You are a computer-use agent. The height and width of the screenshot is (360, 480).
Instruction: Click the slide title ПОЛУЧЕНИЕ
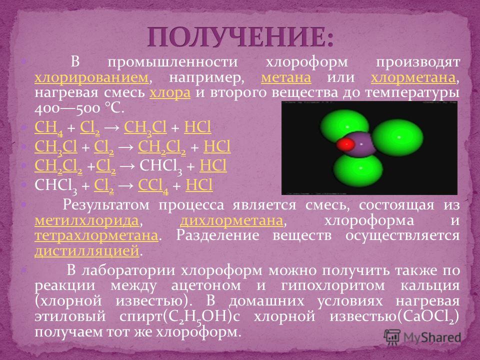(x=240, y=37)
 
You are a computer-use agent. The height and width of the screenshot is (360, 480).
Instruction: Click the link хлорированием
(x=91, y=78)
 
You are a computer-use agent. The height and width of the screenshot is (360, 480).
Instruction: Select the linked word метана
(x=286, y=78)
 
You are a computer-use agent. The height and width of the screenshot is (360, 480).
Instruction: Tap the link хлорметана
(x=413, y=78)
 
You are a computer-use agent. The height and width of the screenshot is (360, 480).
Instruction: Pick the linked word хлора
(x=170, y=93)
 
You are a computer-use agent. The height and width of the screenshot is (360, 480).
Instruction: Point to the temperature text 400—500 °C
(x=79, y=108)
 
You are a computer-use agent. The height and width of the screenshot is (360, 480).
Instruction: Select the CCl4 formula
(x=153, y=186)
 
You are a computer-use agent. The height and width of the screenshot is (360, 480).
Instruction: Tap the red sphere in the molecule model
(x=345, y=144)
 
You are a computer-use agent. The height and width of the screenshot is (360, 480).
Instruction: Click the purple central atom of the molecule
(x=361, y=144)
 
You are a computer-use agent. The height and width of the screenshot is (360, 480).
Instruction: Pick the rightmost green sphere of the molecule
(x=397, y=138)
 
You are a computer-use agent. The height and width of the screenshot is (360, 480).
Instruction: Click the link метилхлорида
(x=86, y=220)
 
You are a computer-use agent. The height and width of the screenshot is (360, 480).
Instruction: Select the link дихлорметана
(x=231, y=220)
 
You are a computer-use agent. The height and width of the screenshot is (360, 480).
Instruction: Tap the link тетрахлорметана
(x=96, y=236)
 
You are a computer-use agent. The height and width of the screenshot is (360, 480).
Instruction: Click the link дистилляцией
(x=87, y=251)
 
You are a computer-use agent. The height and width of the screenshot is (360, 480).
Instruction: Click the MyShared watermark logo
(x=422, y=337)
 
